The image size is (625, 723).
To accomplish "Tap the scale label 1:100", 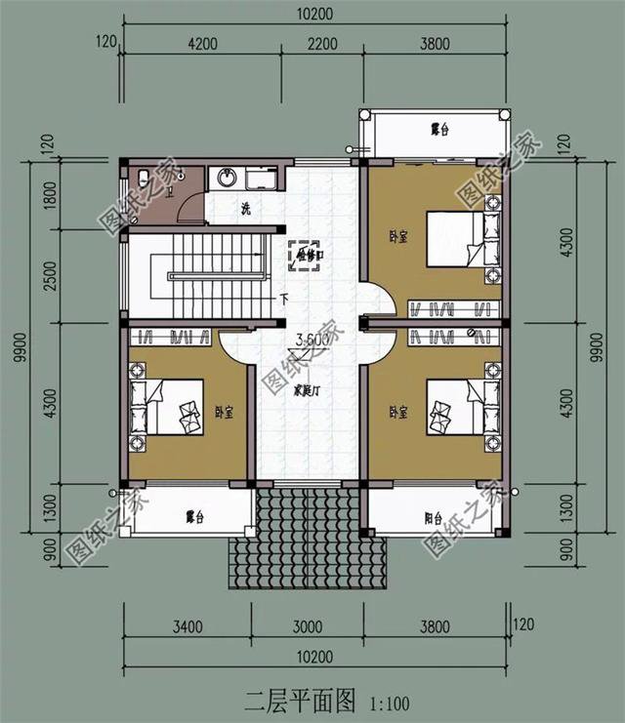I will pyautogui.click(x=390, y=702).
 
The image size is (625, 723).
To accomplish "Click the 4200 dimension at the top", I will pyautogui.click(x=202, y=43).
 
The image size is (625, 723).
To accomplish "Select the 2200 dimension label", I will pyautogui.click(x=321, y=43).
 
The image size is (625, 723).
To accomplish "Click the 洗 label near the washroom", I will pyautogui.click(x=246, y=209).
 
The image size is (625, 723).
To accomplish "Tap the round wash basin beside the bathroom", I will pyautogui.click(x=228, y=177).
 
